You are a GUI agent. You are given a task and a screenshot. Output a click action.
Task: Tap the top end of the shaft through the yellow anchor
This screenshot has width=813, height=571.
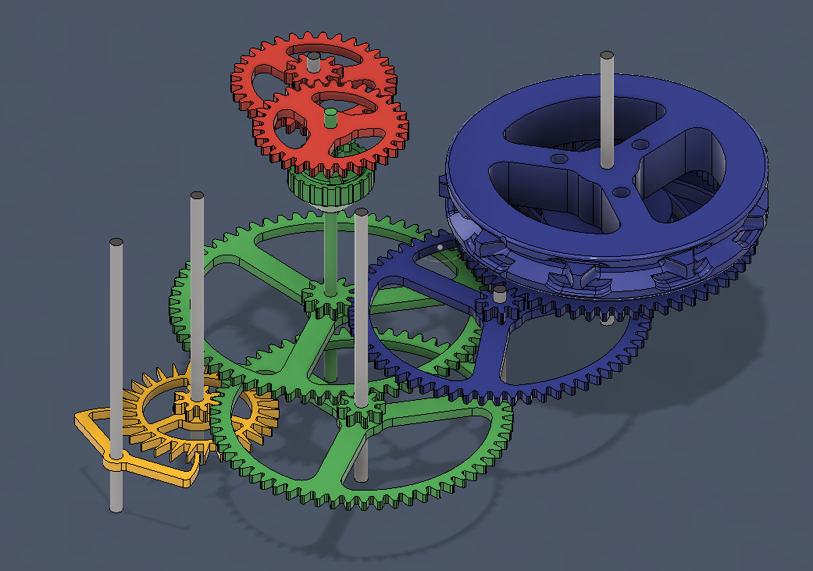[116, 243]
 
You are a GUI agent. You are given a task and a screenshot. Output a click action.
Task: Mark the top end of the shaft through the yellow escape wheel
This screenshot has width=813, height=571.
[197, 195]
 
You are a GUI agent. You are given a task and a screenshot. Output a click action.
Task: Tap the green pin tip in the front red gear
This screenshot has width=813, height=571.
[330, 114]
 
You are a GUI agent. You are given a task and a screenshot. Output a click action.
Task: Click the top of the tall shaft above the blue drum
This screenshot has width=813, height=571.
[606, 55]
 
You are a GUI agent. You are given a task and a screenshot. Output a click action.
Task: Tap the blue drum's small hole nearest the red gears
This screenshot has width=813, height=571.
[558, 159]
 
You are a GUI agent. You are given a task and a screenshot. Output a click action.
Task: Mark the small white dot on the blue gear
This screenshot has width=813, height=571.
[440, 247]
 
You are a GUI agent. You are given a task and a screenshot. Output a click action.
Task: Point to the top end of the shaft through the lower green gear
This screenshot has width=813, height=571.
[361, 212]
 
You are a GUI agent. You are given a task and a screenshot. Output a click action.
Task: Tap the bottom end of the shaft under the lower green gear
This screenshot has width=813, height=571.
[360, 476]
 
